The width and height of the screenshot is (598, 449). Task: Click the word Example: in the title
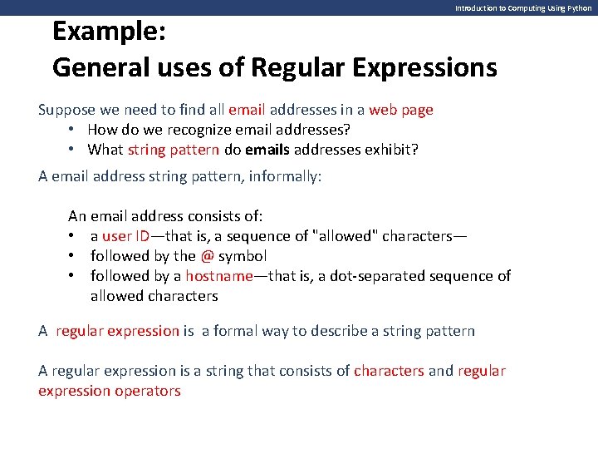coord(110,32)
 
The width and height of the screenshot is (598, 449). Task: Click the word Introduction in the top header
coord(475,7)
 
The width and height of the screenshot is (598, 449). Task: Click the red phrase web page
coord(401,110)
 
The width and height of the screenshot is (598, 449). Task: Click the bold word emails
coord(315,150)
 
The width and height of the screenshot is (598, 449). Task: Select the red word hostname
coord(218,276)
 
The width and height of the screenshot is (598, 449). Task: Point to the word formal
coord(236,331)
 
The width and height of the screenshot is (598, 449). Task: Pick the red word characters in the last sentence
coord(389,371)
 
